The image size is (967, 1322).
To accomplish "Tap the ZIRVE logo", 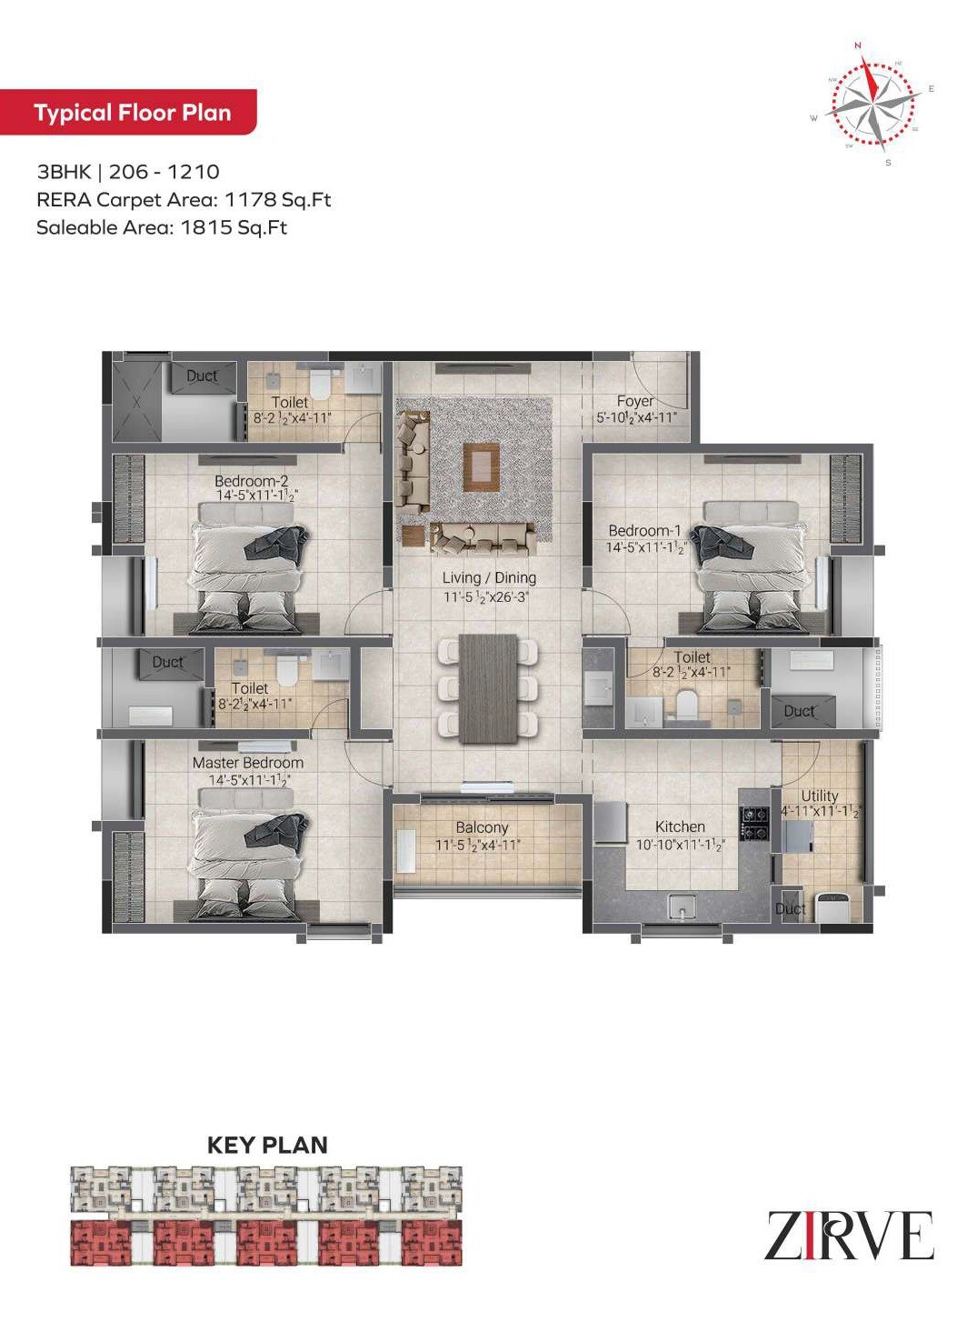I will pos(849,1236).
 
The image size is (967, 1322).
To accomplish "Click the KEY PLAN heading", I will pos(267,1145).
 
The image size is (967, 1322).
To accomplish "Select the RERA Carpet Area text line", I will pos(184,199).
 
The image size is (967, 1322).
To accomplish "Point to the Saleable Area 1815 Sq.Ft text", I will pos(162,227).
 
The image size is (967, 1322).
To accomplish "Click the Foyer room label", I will pos(634,401).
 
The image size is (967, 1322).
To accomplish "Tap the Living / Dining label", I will pos(489,577).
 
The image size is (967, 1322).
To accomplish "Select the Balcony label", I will pos(482,827).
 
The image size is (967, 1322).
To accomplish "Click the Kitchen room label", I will pos(680,826).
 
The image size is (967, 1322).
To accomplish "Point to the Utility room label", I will pos(819,796).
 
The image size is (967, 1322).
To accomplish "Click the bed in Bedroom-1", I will pos(750,564).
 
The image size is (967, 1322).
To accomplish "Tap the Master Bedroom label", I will pos(248,763).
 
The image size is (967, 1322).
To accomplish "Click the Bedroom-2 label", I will pos(252,481).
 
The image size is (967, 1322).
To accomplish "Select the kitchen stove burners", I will pos(755,823).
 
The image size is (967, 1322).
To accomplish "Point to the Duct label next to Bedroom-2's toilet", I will pos(202,376).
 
